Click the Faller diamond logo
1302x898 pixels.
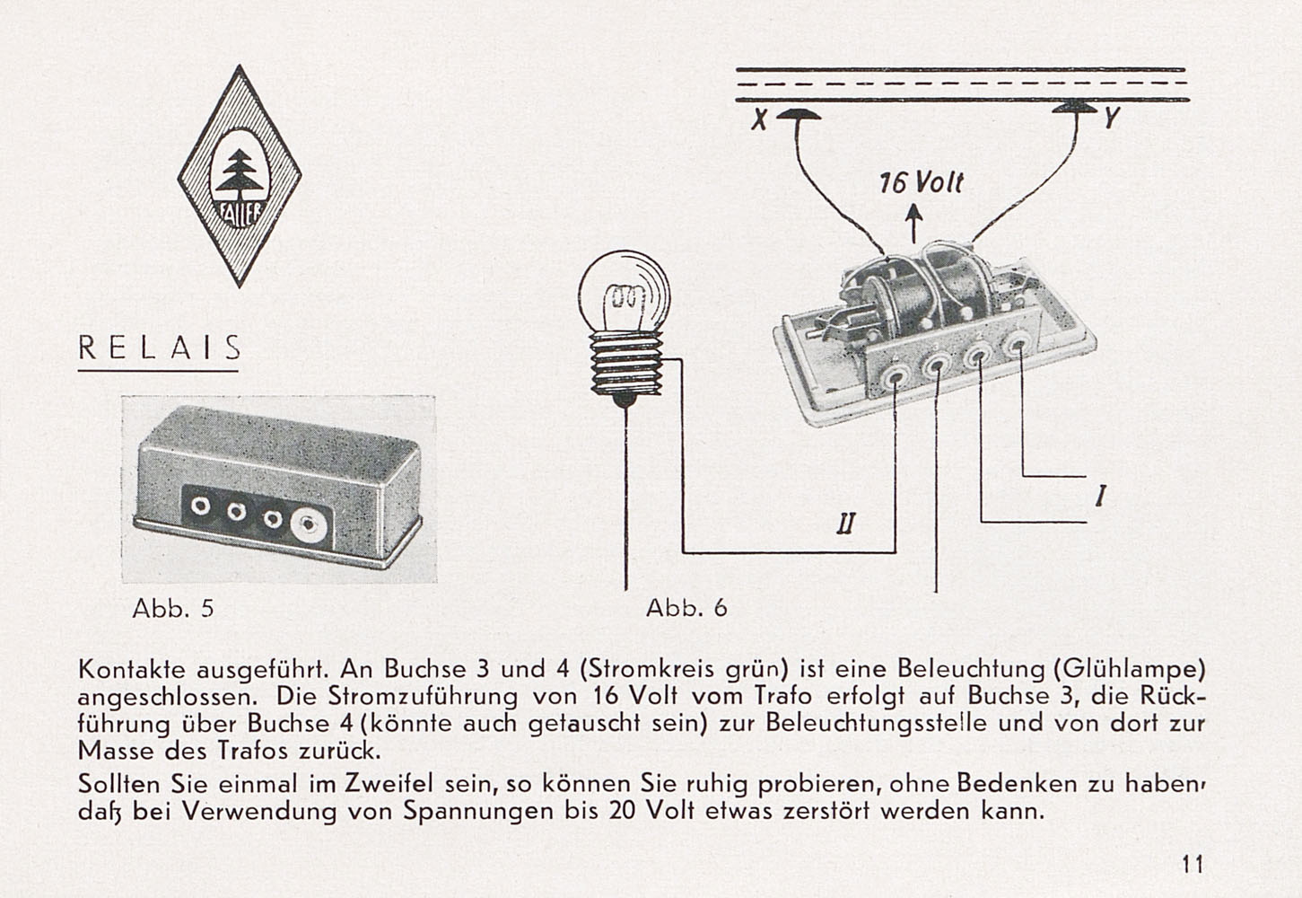240,176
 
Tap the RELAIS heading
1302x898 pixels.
159,348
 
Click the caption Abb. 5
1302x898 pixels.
173,608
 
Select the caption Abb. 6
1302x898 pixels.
686,608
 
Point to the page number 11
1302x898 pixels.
1193,864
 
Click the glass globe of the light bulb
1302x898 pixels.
625,294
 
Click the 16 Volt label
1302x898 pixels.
921,183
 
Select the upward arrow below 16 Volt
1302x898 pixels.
914,223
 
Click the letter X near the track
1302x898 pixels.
758,120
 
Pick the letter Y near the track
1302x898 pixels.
1112,118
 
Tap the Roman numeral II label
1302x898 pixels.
846,524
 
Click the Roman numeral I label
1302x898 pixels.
1099,497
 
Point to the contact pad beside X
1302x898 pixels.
798,114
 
